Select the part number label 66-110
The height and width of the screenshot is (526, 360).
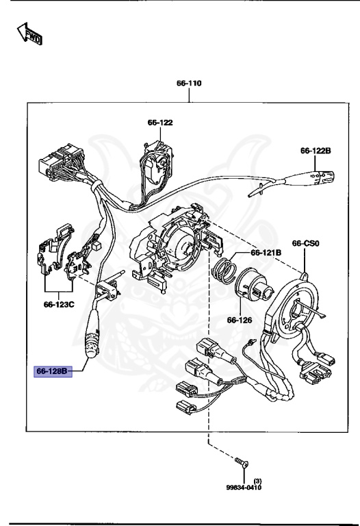[189, 84]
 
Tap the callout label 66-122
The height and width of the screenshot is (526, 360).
[160, 123]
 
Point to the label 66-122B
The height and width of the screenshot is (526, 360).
[315, 151]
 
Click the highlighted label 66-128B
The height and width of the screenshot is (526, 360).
[52, 372]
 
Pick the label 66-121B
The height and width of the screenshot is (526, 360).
[266, 252]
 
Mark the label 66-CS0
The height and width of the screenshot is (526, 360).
[306, 243]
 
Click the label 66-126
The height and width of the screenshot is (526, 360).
[240, 320]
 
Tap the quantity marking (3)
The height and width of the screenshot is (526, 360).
[257, 480]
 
